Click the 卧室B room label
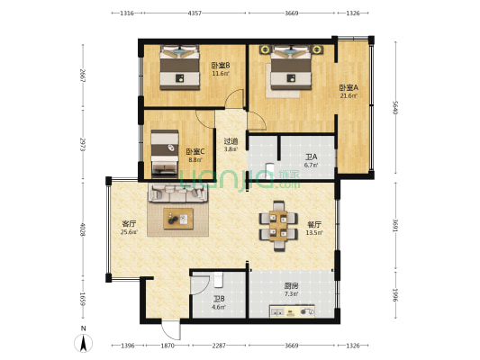(221, 66)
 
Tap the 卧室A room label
(349, 88)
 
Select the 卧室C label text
(195, 152)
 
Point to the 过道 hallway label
(231, 141)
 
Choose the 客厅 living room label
(129, 224)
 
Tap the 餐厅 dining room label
(314, 224)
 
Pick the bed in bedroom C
(164, 153)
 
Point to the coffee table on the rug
(177, 217)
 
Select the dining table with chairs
(279, 225)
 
